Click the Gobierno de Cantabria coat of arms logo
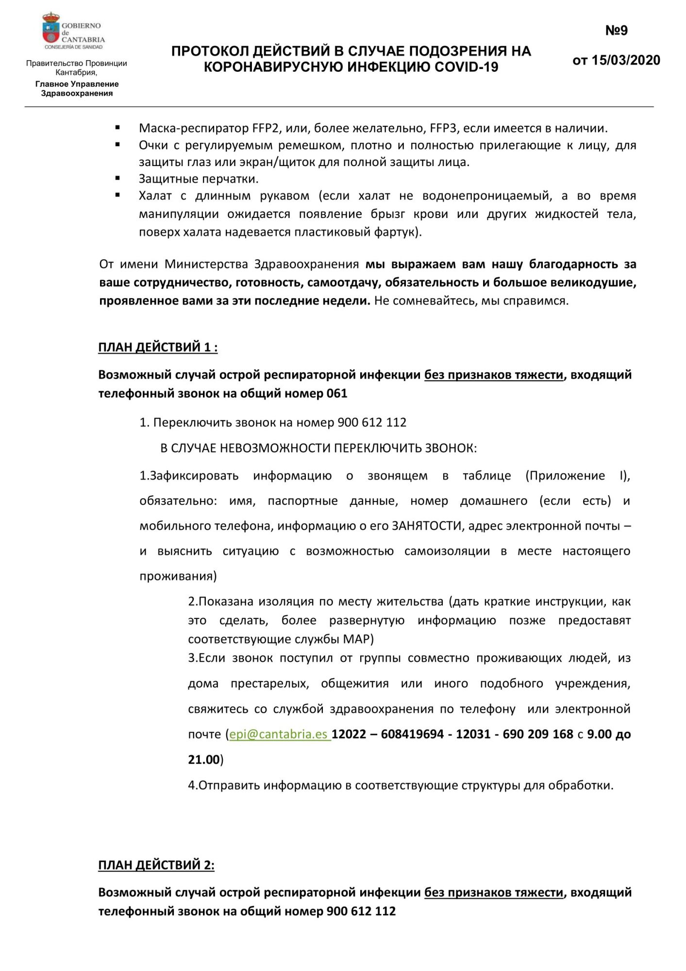coord(50,29)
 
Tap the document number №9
coord(616,31)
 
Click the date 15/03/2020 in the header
coord(626,60)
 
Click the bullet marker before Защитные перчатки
coord(117,179)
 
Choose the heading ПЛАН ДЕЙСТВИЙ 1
coord(158,347)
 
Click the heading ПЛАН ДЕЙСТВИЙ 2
coord(156,865)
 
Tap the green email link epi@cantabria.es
coord(279,734)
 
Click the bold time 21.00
coord(204,759)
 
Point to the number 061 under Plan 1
coord(337,393)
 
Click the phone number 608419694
coord(412,734)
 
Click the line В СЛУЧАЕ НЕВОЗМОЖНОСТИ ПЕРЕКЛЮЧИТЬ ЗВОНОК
coord(318,448)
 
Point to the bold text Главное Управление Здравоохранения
coord(77,88)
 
